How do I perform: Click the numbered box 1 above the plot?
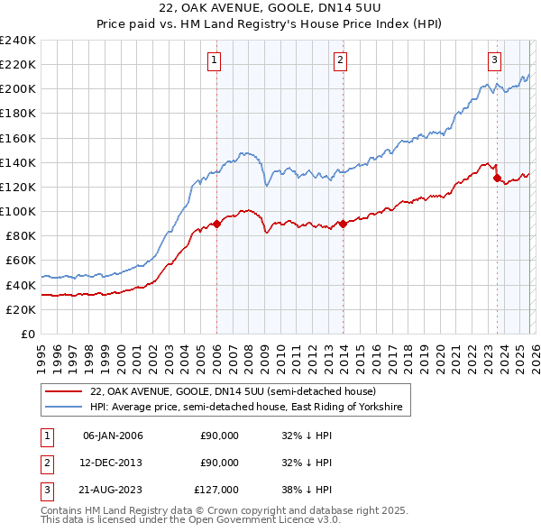click(x=215, y=60)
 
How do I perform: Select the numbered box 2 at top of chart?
click(x=341, y=60)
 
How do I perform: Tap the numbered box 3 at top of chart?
click(x=495, y=60)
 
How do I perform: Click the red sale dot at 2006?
click(x=216, y=225)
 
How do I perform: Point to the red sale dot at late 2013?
click(x=343, y=225)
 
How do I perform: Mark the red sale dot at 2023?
click(x=497, y=179)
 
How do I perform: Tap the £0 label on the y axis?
click(x=29, y=334)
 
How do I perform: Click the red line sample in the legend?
click(x=64, y=392)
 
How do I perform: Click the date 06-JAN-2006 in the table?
click(x=113, y=436)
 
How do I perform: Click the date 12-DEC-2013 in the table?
click(x=113, y=463)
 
